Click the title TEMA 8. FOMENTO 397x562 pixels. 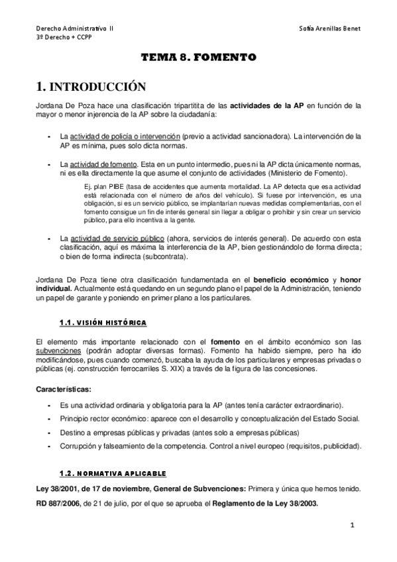point(198,58)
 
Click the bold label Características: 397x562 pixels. point(64,388)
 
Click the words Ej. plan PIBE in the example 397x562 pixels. point(96,187)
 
